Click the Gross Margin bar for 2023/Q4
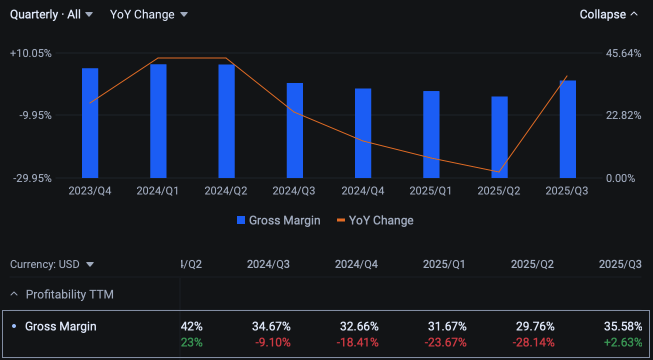tap(90, 123)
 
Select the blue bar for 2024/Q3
tap(295, 130)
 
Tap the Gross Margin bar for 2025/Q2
tap(499, 137)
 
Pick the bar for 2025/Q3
tap(568, 129)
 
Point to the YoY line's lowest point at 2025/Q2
tap(499, 172)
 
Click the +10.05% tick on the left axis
tap(31, 54)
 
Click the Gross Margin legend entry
tap(279, 220)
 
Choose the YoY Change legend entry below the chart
tap(375, 220)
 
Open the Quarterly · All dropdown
tap(51, 15)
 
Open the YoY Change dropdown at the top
tap(149, 15)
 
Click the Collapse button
tap(608, 15)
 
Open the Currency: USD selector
tap(52, 265)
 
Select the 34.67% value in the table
tap(271, 327)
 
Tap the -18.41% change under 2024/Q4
tap(358, 343)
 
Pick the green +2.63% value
tap(622, 343)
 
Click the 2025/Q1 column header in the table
tap(444, 265)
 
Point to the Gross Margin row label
tap(61, 327)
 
